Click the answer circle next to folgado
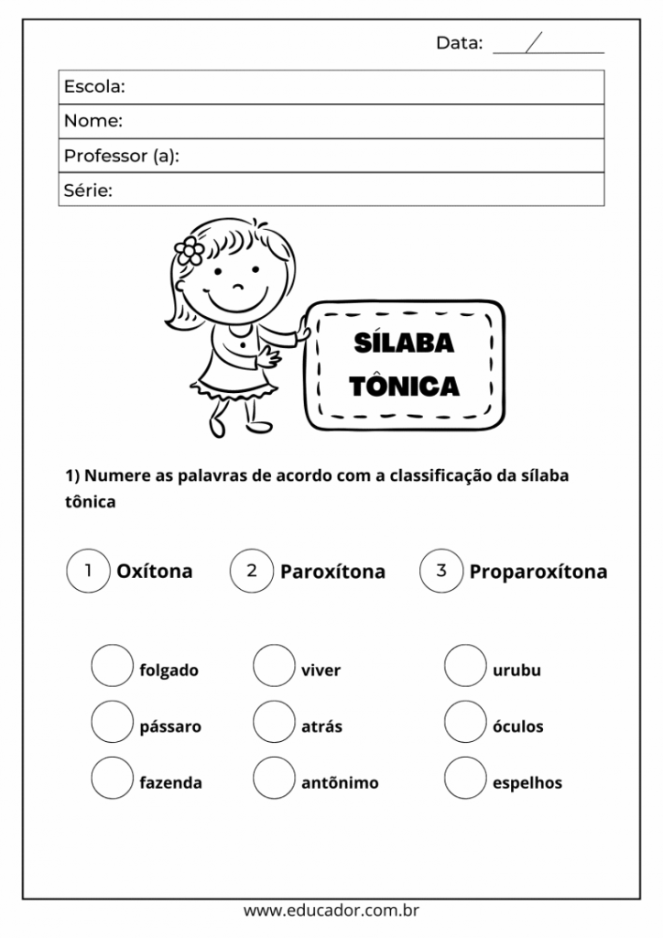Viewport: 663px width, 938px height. pyautogui.click(x=112, y=666)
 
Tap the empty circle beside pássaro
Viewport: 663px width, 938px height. pyautogui.click(x=112, y=722)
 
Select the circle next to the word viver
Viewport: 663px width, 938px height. pyautogui.click(x=274, y=666)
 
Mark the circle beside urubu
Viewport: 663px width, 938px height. pyautogui.click(x=465, y=666)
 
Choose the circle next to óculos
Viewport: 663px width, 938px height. pyautogui.click(x=465, y=722)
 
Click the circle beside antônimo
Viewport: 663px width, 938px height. pyautogui.click(x=274, y=779)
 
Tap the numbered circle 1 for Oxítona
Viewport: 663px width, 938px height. pyautogui.click(x=88, y=571)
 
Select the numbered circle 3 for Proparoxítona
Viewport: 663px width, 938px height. pyautogui.click(x=440, y=571)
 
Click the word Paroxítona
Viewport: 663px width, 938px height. pyautogui.click(x=332, y=573)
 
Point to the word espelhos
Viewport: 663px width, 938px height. pyautogui.click(x=527, y=783)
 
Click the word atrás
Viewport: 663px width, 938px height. pyautogui.click(x=321, y=726)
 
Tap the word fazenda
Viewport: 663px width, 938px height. pyautogui.click(x=170, y=783)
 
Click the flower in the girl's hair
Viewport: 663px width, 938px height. pyautogui.click(x=190, y=250)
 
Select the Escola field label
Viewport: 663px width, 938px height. pyautogui.click(x=94, y=87)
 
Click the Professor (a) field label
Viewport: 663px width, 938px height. pyautogui.click(x=121, y=156)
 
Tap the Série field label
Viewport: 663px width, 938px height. pyautogui.click(x=88, y=191)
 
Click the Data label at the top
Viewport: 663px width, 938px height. pyautogui.click(x=459, y=42)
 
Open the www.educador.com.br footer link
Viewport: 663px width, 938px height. pyautogui.click(x=331, y=911)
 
